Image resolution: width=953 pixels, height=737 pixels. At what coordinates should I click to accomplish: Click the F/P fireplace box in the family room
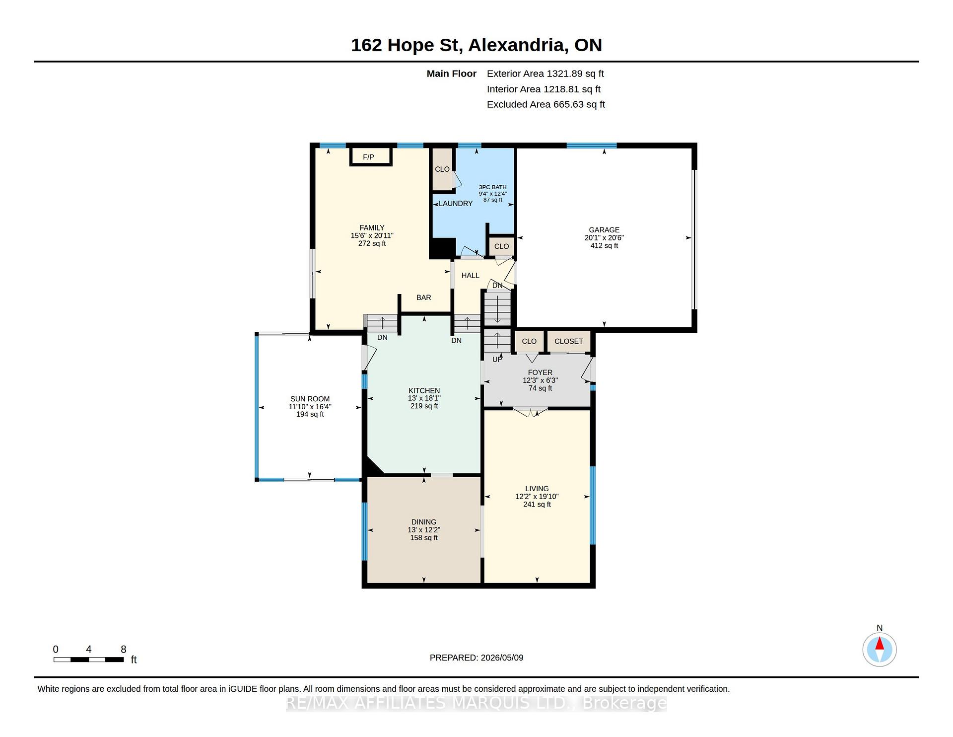tap(371, 156)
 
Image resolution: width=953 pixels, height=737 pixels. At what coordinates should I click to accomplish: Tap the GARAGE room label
tap(604, 230)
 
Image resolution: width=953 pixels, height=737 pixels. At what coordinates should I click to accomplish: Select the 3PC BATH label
tap(492, 187)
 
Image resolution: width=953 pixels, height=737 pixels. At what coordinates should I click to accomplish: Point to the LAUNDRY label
tap(456, 204)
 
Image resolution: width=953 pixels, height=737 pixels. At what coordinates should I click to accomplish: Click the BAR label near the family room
tap(423, 297)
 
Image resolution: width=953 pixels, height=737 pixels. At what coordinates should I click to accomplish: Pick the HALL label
tap(470, 276)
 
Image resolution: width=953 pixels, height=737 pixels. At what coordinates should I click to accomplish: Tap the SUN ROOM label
tap(310, 399)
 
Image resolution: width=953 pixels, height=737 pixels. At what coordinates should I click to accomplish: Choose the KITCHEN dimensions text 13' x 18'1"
tap(424, 398)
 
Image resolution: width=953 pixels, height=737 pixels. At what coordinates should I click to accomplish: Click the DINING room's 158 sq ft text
tap(424, 538)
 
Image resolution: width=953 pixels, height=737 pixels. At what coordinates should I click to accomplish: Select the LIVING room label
tap(537, 489)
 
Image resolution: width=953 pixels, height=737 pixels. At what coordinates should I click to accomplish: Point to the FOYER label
tap(540, 372)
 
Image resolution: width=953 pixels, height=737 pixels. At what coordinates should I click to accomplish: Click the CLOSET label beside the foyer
tap(568, 341)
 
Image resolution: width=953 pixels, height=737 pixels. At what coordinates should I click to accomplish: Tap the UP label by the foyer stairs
tap(497, 360)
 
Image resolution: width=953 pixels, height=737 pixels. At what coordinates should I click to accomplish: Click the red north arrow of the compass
tap(880, 644)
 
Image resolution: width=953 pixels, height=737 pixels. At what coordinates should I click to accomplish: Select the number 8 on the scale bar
tap(124, 649)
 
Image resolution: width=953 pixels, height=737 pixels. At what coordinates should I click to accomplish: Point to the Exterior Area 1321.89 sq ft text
tap(545, 74)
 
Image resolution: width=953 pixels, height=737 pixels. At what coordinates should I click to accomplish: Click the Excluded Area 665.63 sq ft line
tap(545, 105)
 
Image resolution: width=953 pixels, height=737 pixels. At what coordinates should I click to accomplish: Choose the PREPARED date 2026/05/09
tap(502, 658)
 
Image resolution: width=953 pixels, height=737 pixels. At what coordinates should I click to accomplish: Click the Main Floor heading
tap(452, 74)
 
